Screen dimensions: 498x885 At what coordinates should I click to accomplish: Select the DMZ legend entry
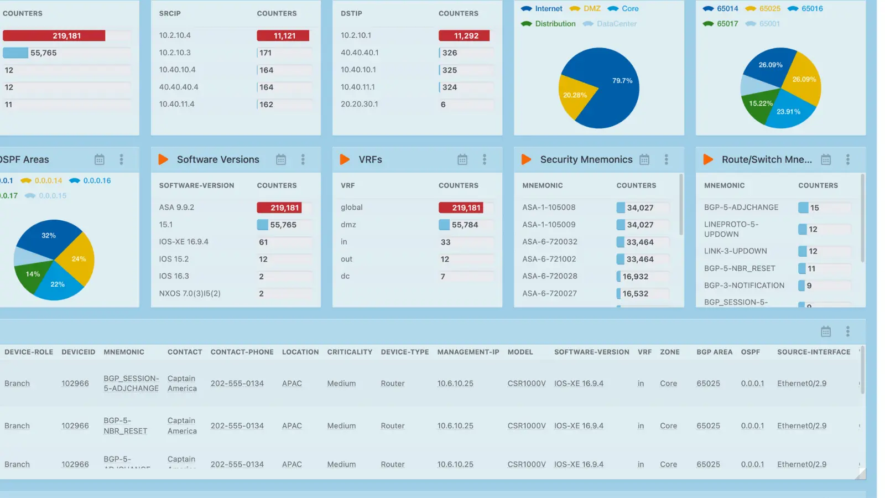591,9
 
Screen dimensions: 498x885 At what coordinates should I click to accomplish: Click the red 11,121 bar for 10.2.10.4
283,36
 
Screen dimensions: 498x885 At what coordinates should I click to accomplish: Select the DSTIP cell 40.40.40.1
360,53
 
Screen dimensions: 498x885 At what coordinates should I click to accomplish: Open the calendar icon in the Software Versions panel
281,160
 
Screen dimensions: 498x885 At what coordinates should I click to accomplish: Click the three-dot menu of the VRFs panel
485,160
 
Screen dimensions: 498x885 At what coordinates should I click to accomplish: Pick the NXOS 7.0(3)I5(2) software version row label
190,294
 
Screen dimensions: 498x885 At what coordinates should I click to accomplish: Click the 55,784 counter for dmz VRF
464,225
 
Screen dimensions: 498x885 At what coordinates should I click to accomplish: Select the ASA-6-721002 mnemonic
549,259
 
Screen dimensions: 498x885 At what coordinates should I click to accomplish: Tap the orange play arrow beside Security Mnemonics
526,160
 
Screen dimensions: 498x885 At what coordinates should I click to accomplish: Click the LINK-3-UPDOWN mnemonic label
735,251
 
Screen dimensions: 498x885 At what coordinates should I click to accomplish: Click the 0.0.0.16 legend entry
97,181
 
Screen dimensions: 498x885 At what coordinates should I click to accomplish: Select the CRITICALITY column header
350,352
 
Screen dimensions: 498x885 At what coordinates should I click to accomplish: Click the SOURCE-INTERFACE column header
814,352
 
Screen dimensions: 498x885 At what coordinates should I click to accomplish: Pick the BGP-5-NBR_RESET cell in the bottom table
126,426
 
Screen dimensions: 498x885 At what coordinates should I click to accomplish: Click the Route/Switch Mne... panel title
767,160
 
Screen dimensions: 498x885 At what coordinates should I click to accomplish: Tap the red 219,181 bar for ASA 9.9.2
284,208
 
